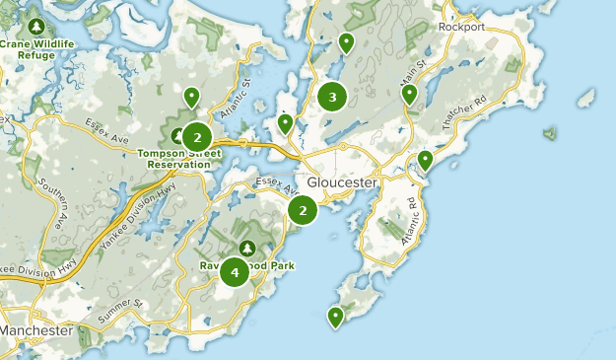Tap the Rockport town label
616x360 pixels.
coord(462,27)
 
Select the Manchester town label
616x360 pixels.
coord(36,330)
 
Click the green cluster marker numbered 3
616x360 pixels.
coord(332,97)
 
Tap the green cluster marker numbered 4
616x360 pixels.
coord(235,271)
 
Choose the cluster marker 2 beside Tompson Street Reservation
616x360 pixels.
coord(197,137)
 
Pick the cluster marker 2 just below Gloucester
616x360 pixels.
coord(303,210)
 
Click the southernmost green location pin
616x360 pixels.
coord(335,317)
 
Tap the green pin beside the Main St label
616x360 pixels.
coord(409,95)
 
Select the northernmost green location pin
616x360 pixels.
coord(346,42)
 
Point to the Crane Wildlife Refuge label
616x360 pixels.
coord(40,49)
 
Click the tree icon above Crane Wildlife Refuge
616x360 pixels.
coord(37,25)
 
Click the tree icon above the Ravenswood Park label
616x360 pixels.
coord(246,247)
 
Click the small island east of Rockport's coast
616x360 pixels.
coord(585,99)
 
